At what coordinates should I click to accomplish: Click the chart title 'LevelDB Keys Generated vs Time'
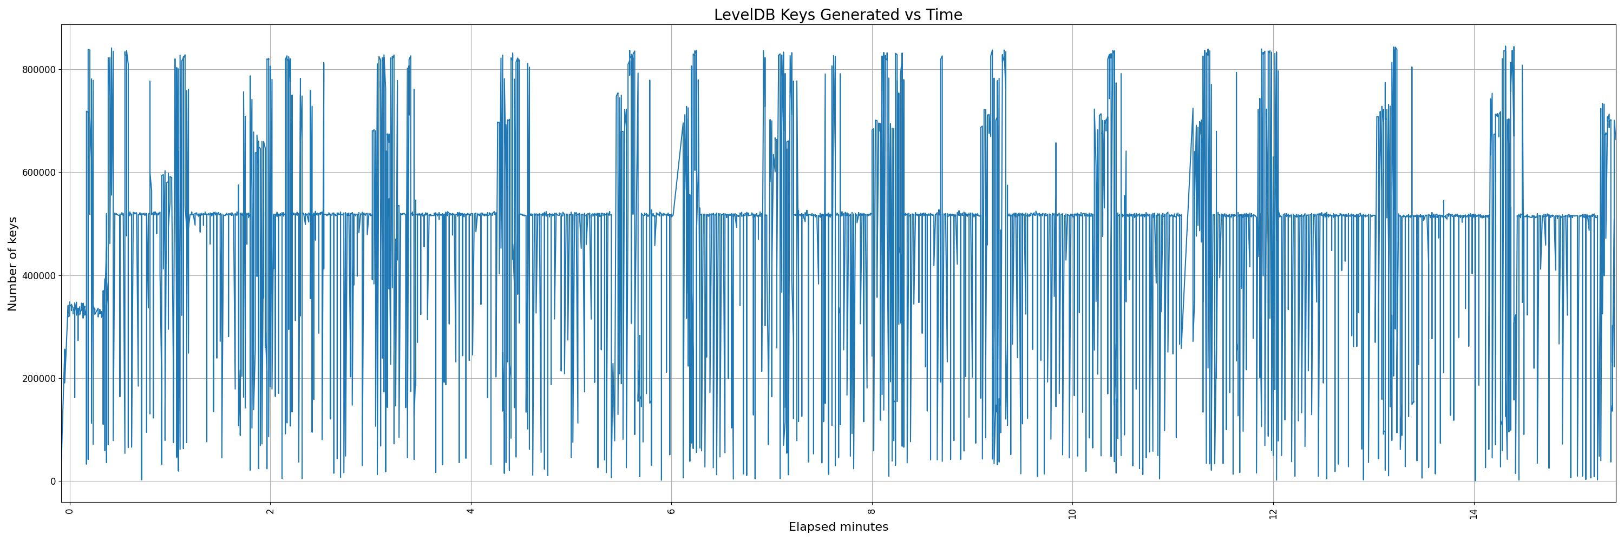click(x=838, y=15)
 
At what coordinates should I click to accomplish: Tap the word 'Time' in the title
click(x=944, y=15)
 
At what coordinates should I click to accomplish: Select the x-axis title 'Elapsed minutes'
click(x=838, y=527)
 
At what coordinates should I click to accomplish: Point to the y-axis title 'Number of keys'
click(x=12, y=264)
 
